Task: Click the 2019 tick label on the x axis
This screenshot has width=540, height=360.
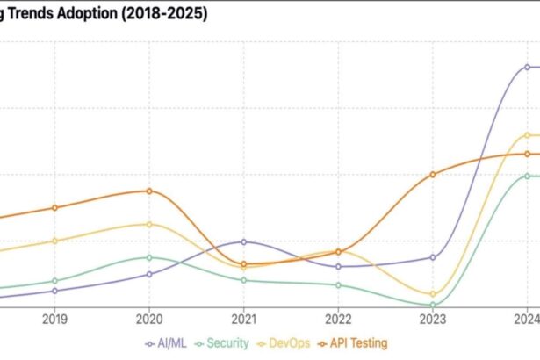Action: (x=54, y=320)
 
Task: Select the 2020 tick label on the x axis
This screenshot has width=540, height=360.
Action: (x=149, y=320)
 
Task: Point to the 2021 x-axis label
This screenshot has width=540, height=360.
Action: (x=243, y=320)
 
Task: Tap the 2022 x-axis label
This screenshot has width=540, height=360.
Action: (x=338, y=320)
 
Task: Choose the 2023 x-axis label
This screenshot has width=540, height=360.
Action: (x=433, y=320)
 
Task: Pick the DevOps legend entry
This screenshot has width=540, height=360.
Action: (x=284, y=343)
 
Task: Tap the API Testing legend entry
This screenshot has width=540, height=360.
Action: (x=353, y=343)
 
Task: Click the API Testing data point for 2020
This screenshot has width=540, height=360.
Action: (x=149, y=191)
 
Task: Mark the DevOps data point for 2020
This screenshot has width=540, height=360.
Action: (x=149, y=224)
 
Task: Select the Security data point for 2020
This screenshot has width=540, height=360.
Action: (x=149, y=257)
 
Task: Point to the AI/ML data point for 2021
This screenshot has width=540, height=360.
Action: (x=243, y=241)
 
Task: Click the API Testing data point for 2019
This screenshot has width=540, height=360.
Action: (x=54, y=208)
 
